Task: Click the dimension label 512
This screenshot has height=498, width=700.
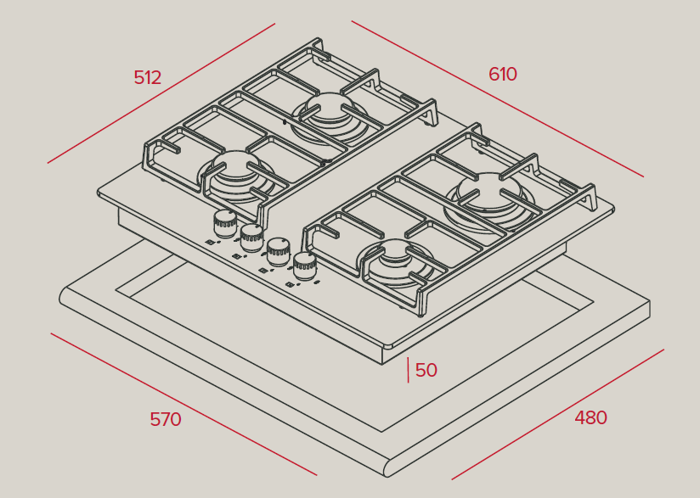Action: (147, 77)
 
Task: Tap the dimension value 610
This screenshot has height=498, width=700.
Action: (503, 74)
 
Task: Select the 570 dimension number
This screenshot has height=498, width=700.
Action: (166, 420)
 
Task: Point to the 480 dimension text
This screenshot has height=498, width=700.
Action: (590, 417)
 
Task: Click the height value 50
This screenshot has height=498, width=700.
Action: (426, 370)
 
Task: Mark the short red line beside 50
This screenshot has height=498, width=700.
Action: (408, 370)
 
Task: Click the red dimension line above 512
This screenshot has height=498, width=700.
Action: (161, 93)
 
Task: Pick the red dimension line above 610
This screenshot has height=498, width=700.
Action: (497, 98)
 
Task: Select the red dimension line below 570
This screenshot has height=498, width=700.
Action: (184, 404)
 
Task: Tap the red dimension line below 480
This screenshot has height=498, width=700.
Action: (557, 415)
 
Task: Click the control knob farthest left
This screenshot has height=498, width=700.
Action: (224, 223)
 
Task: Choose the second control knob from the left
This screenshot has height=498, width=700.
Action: (251, 238)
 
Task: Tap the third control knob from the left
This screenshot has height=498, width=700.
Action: (279, 252)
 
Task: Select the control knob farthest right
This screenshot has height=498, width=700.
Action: (305, 266)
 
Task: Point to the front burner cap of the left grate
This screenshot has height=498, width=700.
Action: (237, 165)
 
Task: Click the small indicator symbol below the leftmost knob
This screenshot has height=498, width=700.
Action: (212, 242)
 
